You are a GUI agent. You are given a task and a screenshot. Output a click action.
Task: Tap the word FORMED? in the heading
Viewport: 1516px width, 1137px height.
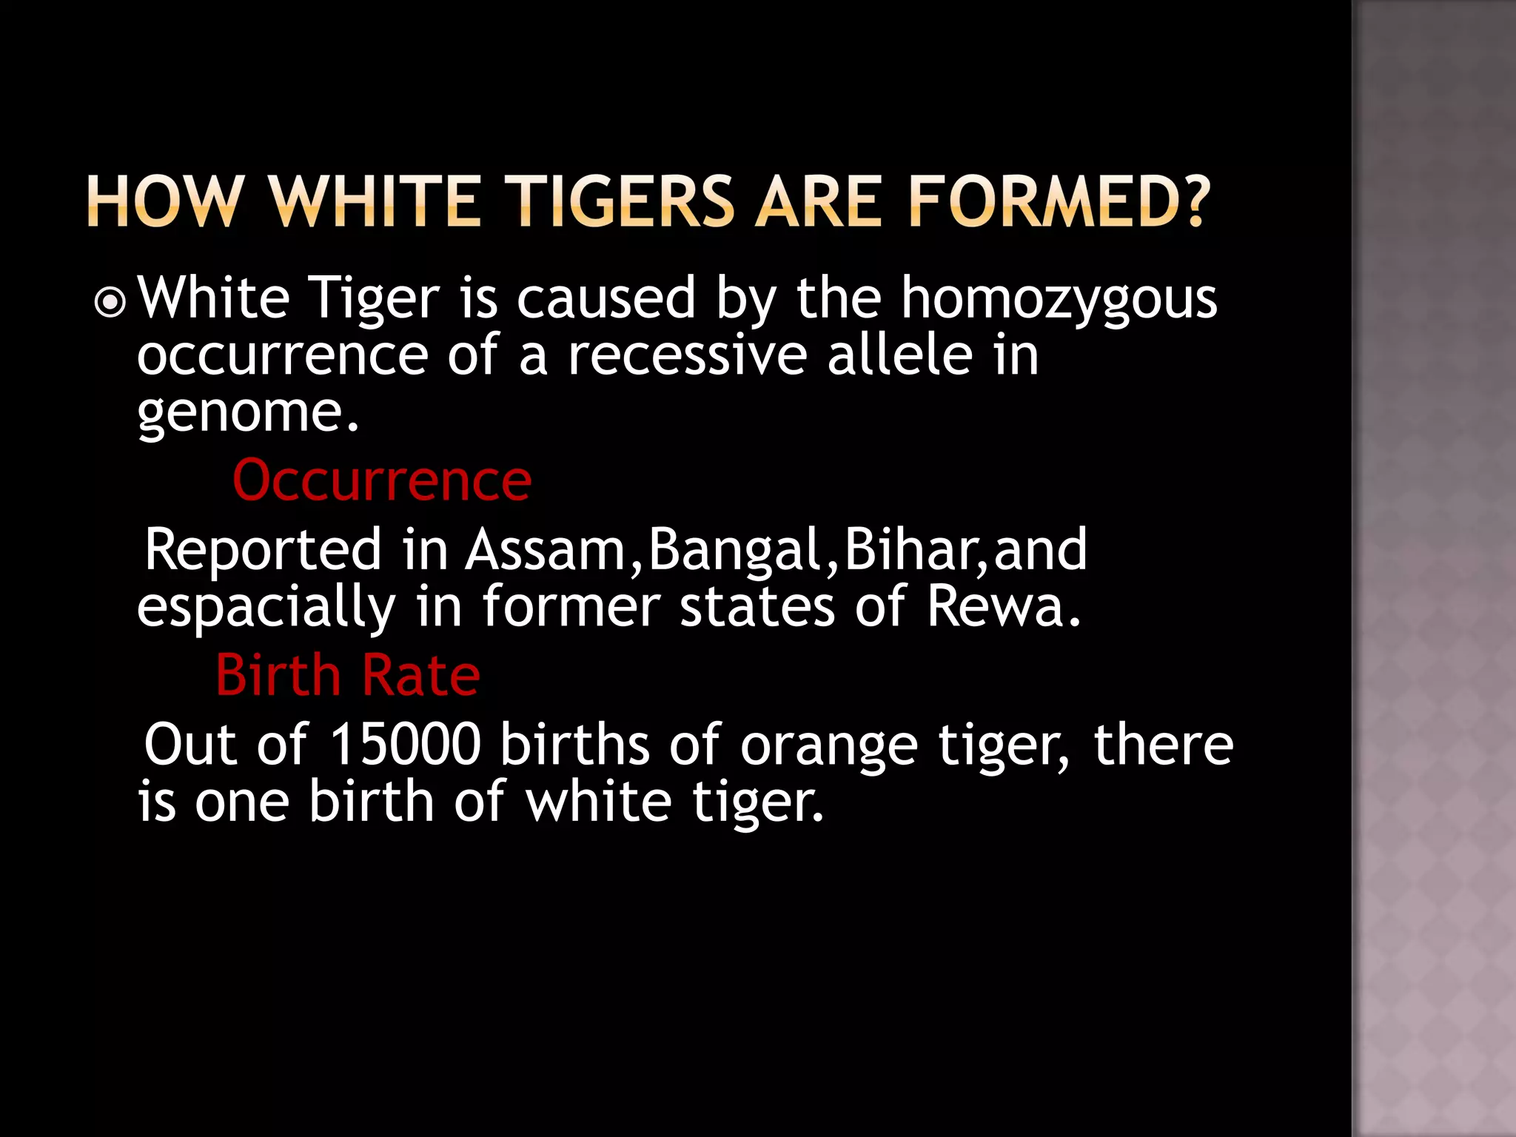[1059, 201]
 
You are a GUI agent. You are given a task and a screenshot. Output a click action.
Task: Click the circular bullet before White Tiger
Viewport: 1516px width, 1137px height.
[110, 302]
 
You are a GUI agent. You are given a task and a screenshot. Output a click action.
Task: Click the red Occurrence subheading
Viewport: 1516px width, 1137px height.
[382, 481]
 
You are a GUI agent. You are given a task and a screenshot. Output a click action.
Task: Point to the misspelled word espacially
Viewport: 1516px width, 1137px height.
[266, 607]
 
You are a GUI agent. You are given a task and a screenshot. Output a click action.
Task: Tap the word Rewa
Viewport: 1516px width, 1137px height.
[1003, 607]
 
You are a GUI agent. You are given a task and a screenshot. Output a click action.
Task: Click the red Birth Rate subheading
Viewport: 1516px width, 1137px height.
[348, 676]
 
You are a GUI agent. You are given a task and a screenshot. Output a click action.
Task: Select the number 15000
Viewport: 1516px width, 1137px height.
[406, 744]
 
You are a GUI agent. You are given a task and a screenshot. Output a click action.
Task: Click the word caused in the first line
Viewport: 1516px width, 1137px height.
[606, 299]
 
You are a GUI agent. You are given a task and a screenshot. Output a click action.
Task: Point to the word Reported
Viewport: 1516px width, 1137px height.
[263, 550]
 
